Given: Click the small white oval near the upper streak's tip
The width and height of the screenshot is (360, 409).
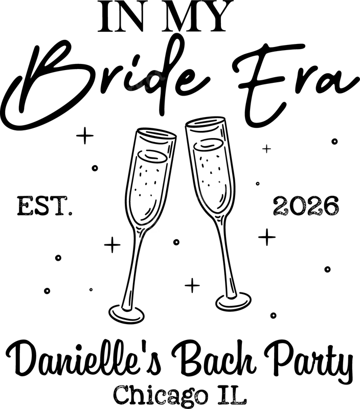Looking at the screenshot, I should coord(152,80).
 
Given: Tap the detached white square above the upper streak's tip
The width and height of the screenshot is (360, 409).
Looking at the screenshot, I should coord(156,68).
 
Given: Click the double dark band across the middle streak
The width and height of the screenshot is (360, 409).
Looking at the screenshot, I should coord(201,198).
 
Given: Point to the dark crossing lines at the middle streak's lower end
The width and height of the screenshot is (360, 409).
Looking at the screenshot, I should coord(147,226).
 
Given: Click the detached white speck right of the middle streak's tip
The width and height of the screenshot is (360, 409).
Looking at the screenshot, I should coord(230,190).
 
